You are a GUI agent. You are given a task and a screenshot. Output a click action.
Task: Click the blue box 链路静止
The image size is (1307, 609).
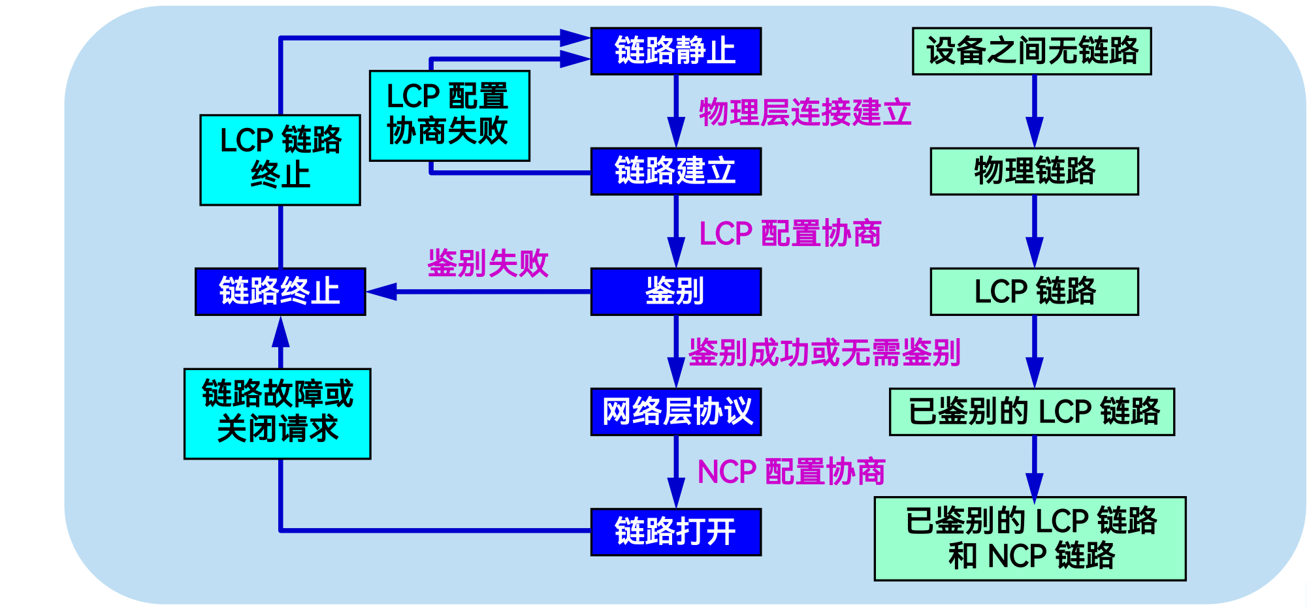(675, 51)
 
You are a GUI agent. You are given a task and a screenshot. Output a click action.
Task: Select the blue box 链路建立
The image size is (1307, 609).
(675, 171)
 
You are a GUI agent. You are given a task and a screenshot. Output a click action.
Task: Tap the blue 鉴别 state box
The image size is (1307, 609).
(675, 291)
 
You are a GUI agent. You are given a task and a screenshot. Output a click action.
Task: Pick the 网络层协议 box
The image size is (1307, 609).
(675, 411)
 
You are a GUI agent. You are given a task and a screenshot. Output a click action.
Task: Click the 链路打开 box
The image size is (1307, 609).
(675, 531)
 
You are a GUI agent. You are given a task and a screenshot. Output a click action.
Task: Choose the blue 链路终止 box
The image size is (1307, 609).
(280, 291)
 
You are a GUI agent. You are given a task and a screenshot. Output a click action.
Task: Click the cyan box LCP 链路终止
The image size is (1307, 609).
(280, 159)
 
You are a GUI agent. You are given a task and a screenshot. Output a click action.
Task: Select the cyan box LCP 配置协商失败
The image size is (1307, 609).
(449, 116)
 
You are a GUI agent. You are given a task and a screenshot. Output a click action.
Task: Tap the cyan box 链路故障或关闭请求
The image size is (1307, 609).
(278, 413)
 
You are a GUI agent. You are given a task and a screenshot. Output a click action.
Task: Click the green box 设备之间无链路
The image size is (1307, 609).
(1031, 51)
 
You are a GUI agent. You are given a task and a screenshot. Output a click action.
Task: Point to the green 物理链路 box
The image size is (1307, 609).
(1034, 171)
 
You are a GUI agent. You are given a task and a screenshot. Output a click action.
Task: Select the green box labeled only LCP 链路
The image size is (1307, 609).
(1034, 291)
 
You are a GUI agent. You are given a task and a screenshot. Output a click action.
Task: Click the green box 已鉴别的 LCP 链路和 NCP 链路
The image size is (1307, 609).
(1030, 539)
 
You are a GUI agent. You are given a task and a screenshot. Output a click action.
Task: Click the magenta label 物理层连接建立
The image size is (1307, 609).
(805, 112)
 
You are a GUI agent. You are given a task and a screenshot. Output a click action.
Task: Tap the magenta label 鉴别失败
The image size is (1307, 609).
(487, 263)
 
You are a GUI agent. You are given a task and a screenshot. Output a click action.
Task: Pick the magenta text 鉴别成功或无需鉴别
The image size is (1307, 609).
(824, 352)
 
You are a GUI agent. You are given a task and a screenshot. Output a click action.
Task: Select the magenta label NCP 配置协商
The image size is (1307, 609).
(791, 471)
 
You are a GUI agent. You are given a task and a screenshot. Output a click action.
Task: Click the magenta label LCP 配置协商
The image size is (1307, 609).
(790, 233)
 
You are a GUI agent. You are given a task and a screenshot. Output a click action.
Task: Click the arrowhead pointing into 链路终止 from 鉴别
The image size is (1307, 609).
(382, 291)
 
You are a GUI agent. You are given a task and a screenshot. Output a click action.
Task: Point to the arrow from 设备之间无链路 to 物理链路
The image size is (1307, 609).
(1034, 111)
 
